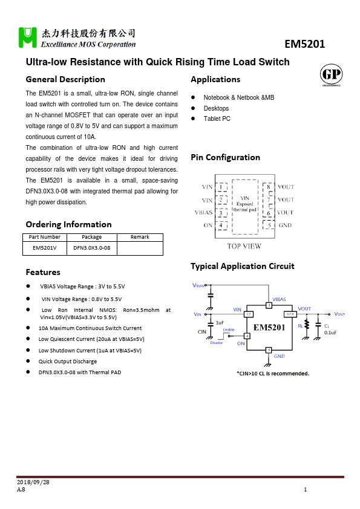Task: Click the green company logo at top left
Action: click(28, 37)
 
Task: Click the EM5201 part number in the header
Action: click(304, 44)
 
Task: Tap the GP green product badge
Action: click(330, 75)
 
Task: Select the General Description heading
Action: click(65, 79)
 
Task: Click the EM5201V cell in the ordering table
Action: click(44, 247)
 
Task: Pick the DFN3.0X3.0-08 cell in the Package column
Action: click(92, 247)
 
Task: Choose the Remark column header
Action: click(140, 237)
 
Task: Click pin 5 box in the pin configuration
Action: click(268, 225)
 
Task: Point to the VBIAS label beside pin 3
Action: click(203, 213)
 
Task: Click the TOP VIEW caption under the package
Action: click(244, 246)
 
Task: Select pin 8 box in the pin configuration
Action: click(268, 187)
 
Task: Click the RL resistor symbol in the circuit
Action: click(307, 326)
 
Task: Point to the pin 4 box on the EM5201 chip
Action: click(247, 336)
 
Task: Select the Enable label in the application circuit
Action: click(228, 329)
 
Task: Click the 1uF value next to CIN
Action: click(220, 323)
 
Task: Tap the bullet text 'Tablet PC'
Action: click(217, 119)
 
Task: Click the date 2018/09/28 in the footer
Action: click(33, 482)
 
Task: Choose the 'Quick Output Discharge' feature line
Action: click(67, 361)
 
